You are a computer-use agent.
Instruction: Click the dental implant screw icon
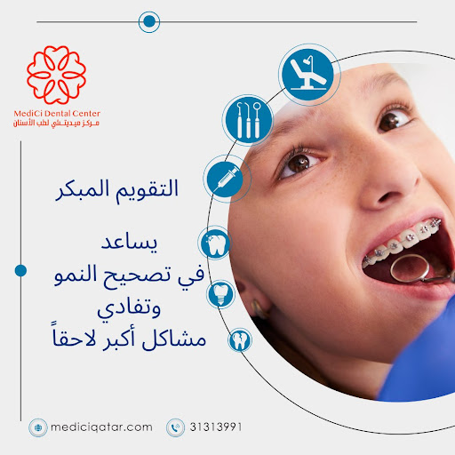pos(224,291)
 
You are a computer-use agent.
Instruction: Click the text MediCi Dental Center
pos(57,114)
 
